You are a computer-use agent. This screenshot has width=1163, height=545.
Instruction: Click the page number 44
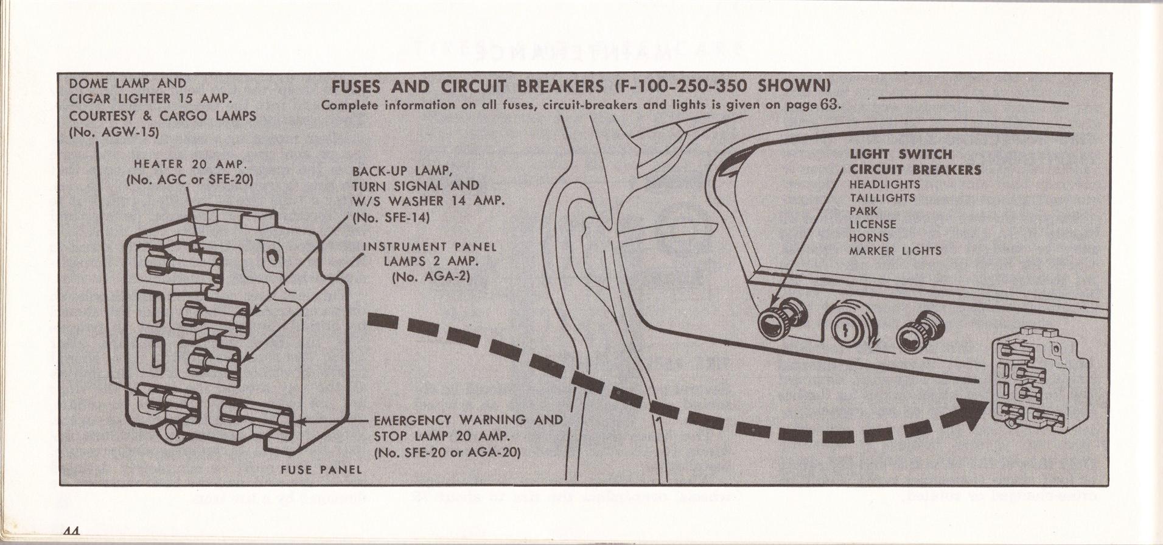72,530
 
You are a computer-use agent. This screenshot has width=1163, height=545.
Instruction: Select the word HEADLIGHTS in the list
885,185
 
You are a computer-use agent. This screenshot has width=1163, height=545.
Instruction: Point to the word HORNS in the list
869,237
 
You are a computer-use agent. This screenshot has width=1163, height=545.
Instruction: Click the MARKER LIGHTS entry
895,251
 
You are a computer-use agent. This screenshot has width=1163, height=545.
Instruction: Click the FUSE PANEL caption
321,469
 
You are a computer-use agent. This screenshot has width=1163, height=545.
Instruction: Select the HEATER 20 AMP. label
190,164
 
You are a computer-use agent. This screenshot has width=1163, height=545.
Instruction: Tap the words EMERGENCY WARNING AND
467,420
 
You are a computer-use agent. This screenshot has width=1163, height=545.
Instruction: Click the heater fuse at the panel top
183,264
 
